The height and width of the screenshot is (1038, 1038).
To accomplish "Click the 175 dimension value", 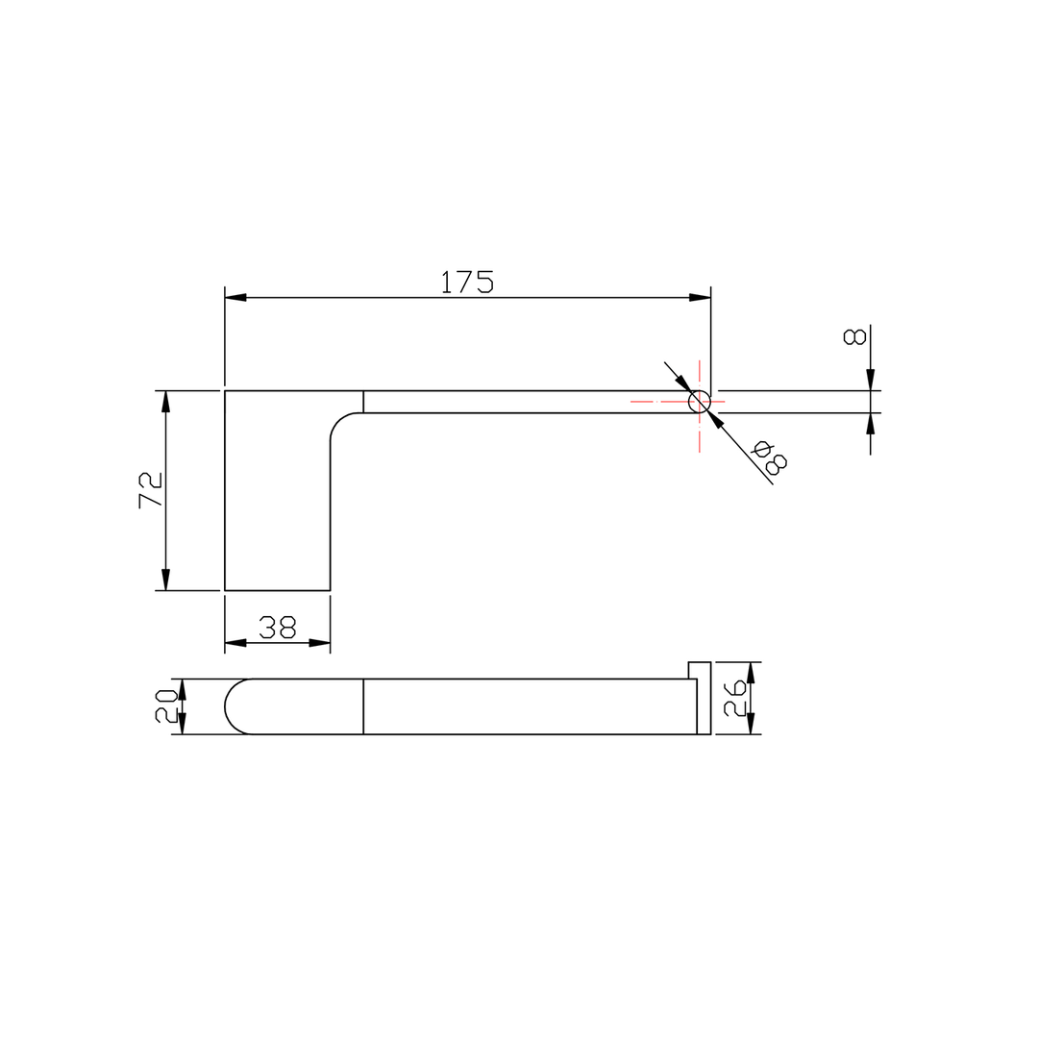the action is (x=467, y=282).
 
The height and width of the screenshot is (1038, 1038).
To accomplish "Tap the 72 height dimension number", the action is (x=151, y=490).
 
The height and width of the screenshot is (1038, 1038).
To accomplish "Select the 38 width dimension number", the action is (x=278, y=627).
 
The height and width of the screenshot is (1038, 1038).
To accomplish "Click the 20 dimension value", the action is (x=166, y=705).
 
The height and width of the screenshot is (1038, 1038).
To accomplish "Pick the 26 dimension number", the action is (x=735, y=698).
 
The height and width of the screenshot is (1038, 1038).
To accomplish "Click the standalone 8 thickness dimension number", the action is (x=854, y=336).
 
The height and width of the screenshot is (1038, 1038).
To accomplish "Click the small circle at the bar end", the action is (x=700, y=401).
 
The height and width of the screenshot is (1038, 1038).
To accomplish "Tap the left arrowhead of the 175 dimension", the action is (x=235, y=298).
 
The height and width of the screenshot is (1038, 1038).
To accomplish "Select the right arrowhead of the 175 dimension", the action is (x=700, y=298).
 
